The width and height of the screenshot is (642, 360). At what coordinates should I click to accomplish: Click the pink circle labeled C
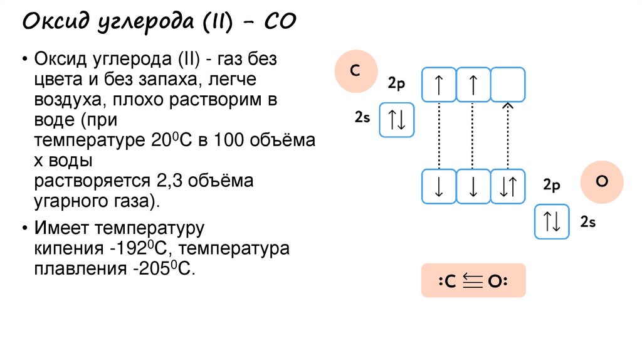pos(355,71)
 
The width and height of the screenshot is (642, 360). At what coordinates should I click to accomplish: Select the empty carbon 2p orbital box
pos(508,84)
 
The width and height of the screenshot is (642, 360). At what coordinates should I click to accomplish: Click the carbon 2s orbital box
pos(397,120)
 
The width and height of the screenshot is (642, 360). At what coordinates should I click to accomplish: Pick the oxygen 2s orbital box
pos(552,221)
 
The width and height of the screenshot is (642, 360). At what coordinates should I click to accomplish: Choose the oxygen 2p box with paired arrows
pos(508,186)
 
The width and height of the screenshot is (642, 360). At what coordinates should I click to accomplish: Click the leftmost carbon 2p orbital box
pos(439,84)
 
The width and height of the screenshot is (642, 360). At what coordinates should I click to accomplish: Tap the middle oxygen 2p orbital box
pos(473,186)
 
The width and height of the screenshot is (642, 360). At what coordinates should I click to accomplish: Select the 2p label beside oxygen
pos(551,185)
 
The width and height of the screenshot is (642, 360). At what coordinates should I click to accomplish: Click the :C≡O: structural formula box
pos(473,281)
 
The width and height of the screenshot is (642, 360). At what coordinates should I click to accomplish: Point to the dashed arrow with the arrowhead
pos(508,135)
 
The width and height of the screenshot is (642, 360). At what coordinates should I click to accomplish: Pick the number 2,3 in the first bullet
pos(163,181)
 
